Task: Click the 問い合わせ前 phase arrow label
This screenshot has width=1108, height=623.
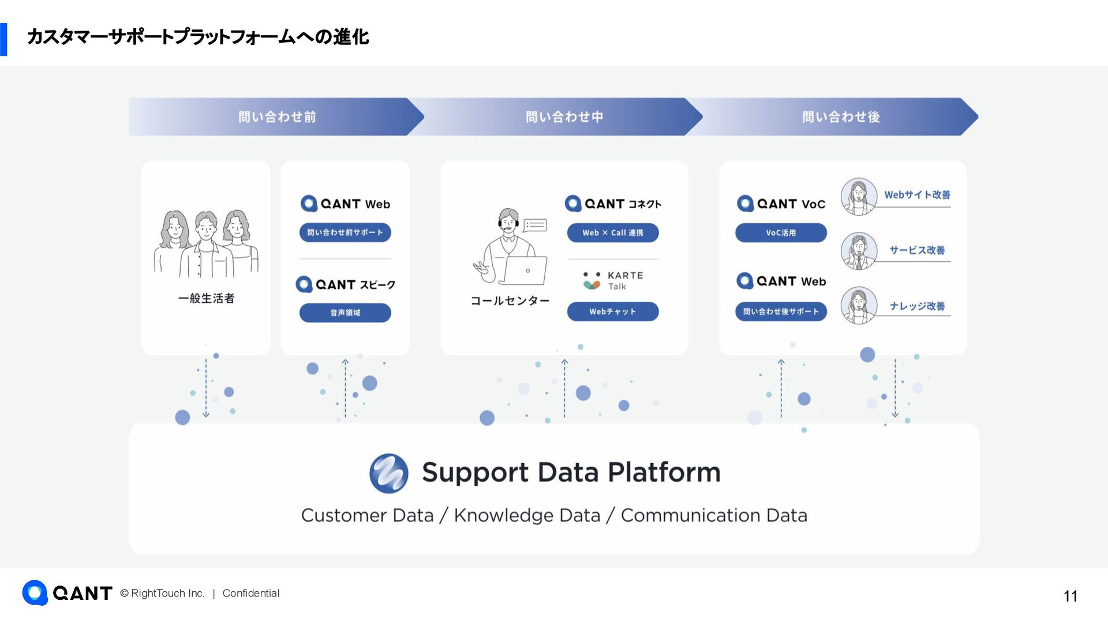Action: [x=277, y=117]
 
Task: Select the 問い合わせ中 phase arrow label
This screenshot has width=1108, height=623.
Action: [x=564, y=117]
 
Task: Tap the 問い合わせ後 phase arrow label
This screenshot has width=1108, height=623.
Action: [x=841, y=117]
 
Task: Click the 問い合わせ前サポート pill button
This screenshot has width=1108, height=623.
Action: [x=345, y=232]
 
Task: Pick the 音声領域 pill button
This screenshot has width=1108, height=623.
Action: [x=345, y=313]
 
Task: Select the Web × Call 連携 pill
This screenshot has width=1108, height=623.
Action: [x=612, y=232]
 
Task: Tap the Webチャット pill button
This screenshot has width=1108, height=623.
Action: [x=612, y=311]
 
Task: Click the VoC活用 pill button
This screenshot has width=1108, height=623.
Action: [x=781, y=232]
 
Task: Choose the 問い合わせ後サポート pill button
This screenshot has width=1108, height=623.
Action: [x=781, y=311]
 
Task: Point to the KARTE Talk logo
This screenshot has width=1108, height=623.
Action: [x=612, y=280]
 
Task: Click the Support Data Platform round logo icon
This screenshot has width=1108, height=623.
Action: [x=389, y=473]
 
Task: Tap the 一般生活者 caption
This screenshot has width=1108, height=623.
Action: [x=206, y=298]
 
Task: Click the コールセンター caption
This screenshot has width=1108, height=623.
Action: [x=510, y=301]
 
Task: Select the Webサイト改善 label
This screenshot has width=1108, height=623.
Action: [x=917, y=195]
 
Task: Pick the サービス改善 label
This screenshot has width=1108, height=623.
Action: [x=917, y=250]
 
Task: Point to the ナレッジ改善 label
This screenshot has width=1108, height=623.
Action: [x=917, y=306]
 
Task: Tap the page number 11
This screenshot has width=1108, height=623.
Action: [x=1070, y=596]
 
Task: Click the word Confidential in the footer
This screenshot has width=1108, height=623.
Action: [x=250, y=593]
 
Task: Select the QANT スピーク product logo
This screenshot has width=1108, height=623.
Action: [x=345, y=284]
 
